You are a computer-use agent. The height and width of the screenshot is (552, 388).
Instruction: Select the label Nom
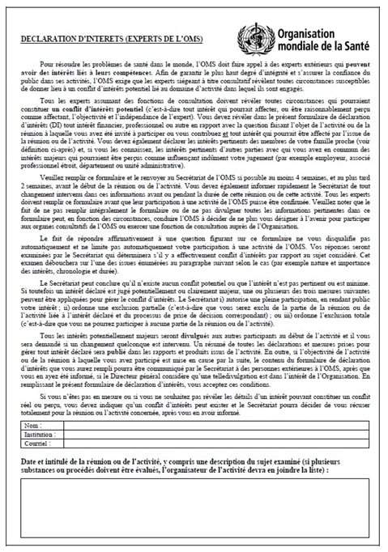(33, 425)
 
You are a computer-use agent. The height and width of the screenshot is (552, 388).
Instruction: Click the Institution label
(41, 434)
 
